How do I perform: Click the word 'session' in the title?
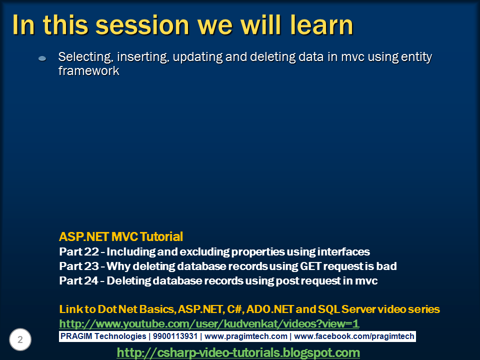(142, 25)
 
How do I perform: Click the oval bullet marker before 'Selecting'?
(42, 58)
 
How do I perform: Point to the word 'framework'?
(89, 70)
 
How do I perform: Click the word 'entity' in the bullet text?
(416, 57)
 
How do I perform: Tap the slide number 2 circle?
(20, 339)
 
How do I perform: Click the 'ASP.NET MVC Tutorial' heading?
(121, 236)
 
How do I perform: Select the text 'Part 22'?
(79, 251)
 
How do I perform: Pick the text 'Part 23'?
(79, 266)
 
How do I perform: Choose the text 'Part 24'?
(79, 280)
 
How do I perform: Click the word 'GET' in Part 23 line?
(310, 266)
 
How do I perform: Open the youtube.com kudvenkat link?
(209, 323)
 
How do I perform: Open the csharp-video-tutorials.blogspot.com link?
(238, 352)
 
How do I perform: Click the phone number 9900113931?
(175, 336)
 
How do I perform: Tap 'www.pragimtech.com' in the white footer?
(246, 336)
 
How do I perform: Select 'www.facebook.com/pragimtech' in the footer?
(354, 336)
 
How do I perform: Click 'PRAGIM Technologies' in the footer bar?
(103, 336)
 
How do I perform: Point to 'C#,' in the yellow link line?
(235, 309)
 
